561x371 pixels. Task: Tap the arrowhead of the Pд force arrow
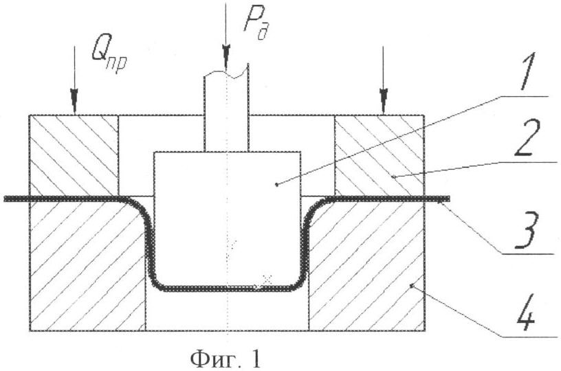[x=225, y=54]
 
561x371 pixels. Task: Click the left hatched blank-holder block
[x=74, y=155]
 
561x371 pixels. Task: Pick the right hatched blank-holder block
[x=378, y=155]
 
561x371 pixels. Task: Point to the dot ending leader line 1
[x=276, y=184]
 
